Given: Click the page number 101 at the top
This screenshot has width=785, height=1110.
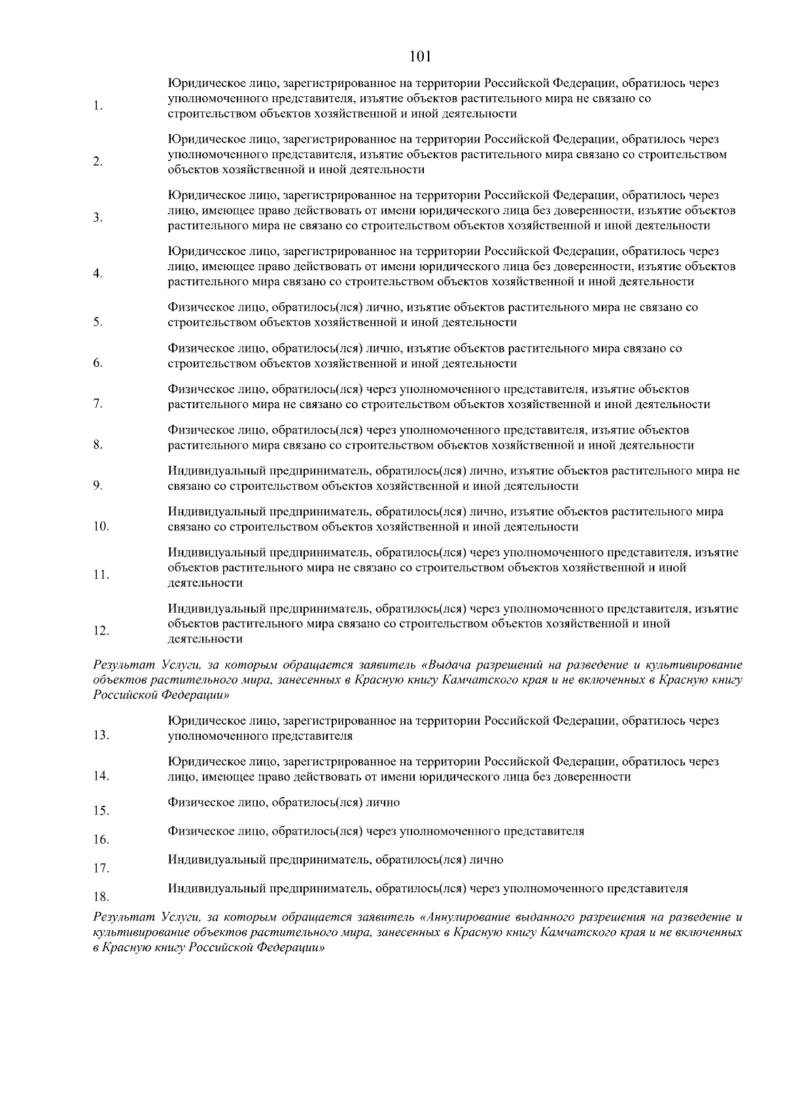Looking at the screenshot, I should [419, 57].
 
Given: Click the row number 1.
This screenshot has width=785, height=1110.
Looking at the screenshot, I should [97, 106].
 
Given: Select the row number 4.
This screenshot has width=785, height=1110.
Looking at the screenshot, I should [97, 273].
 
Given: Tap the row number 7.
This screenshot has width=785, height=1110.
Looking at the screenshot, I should [97, 404].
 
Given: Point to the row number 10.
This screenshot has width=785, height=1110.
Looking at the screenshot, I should [100, 526].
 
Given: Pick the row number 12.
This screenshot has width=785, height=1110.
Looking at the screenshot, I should [100, 631].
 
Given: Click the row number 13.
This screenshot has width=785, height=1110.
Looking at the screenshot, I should [100, 735].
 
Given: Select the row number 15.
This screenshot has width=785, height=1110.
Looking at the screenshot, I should [100, 810].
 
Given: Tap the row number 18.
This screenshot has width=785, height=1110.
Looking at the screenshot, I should [100, 896].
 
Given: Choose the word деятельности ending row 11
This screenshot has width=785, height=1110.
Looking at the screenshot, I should [205, 583].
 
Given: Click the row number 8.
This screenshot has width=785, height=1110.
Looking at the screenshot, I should [97, 445].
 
